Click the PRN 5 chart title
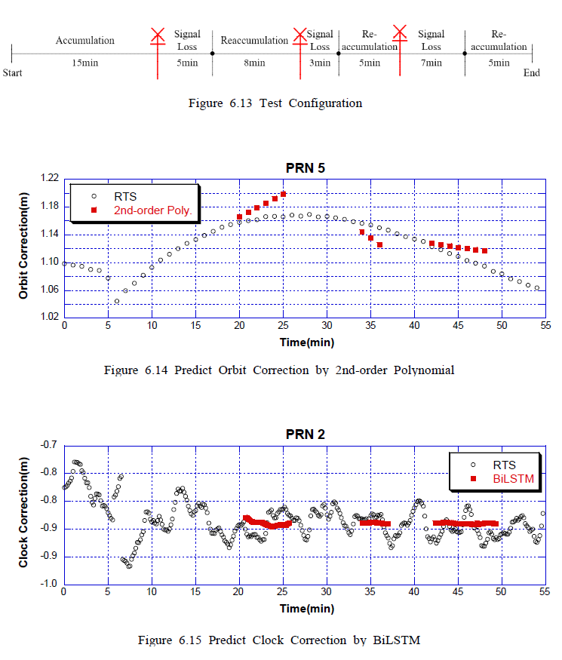[306, 167]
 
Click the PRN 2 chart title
[306, 434]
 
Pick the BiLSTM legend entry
[504, 478]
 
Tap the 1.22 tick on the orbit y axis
[49, 179]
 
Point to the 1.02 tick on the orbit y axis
[49, 318]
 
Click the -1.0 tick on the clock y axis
[50, 584]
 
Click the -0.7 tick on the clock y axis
[50, 445]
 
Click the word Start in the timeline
[12, 73]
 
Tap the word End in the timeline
[532, 73]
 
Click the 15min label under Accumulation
[84, 63]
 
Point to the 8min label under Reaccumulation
[254, 63]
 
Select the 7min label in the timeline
[431, 63]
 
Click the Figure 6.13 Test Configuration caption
[275, 103]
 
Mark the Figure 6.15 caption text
[279, 640]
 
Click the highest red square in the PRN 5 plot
[284, 194]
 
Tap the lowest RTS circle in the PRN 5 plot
[117, 301]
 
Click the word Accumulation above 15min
[85, 40]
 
